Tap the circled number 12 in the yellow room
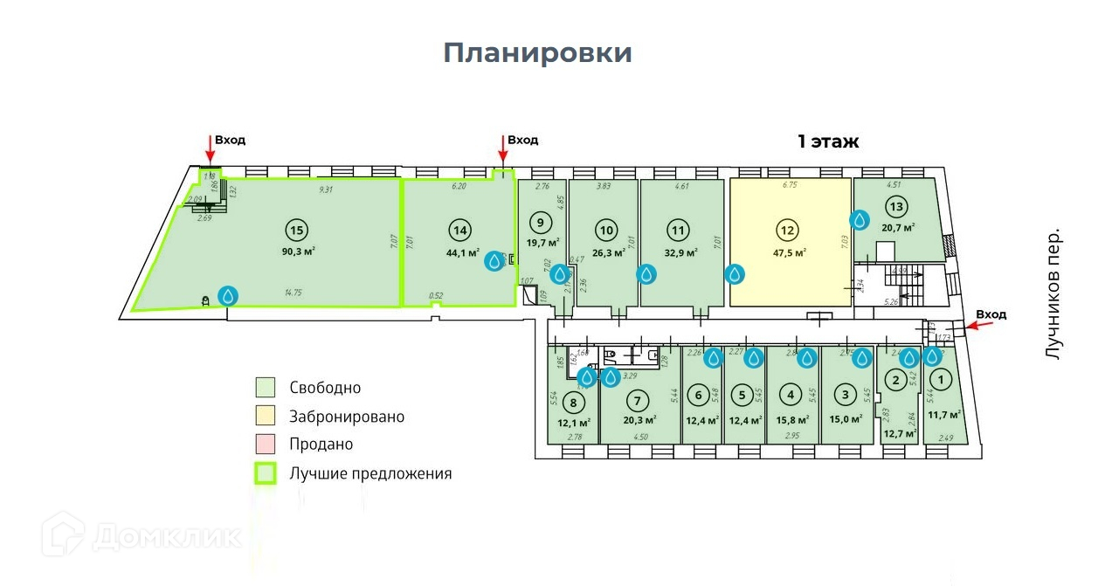point(788,231)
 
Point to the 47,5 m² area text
point(788,253)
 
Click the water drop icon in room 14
point(495,260)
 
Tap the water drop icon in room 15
point(228,296)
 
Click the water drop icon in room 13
point(860,219)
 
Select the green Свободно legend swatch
point(266,388)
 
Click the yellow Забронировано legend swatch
point(266,416)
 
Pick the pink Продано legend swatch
point(266,445)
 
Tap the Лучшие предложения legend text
point(371,474)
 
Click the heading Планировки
point(537,52)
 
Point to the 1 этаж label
point(828,141)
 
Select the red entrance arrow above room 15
point(210,148)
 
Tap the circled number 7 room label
point(639,401)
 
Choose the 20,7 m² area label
point(898,228)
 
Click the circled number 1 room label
point(940,380)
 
